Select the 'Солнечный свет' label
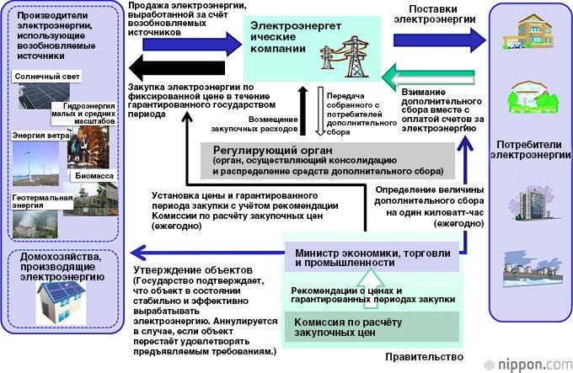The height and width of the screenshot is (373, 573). tap(44, 77)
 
